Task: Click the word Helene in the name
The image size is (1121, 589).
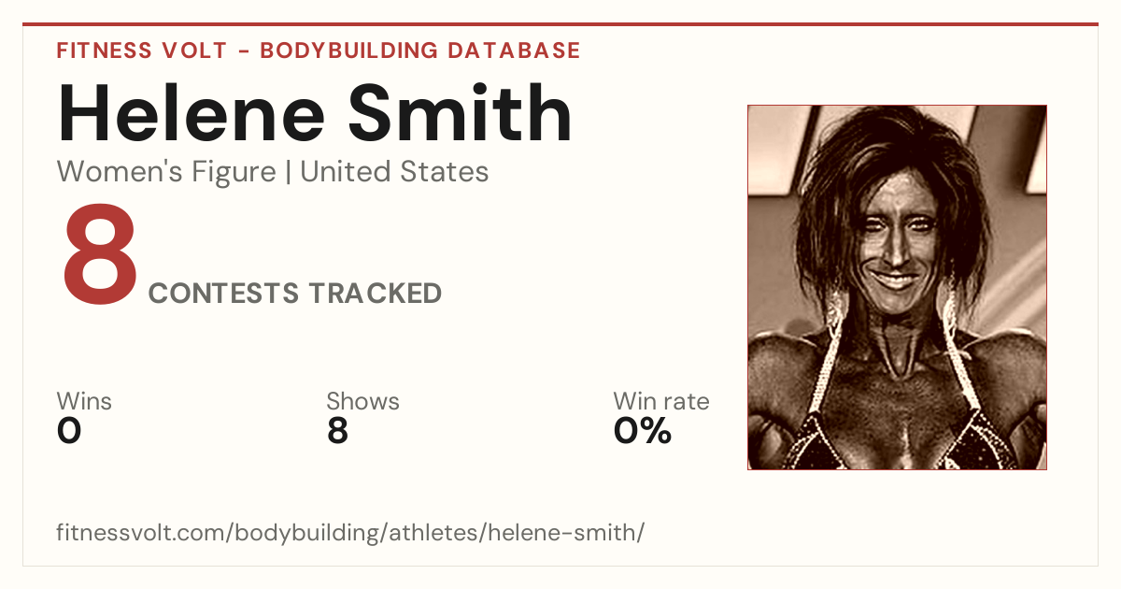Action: [192, 113]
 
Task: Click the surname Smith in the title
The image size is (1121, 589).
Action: [460, 112]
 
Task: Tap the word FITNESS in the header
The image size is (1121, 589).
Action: [104, 50]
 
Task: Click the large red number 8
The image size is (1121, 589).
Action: [100, 253]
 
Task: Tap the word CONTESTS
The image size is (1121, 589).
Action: [223, 293]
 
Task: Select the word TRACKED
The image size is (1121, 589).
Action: [376, 293]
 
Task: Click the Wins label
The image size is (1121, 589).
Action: [84, 401]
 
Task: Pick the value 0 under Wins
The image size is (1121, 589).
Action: [69, 431]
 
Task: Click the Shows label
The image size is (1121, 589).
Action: [362, 401]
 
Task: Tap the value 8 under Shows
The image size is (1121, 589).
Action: [338, 431]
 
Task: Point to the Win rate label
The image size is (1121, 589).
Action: [661, 401]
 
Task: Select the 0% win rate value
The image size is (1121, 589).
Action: [642, 431]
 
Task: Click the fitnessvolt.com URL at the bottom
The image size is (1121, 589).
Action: [350, 532]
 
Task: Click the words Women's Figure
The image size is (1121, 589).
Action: [166, 172]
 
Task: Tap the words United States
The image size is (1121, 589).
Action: [394, 172]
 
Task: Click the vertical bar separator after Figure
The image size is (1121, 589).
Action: [288, 173]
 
